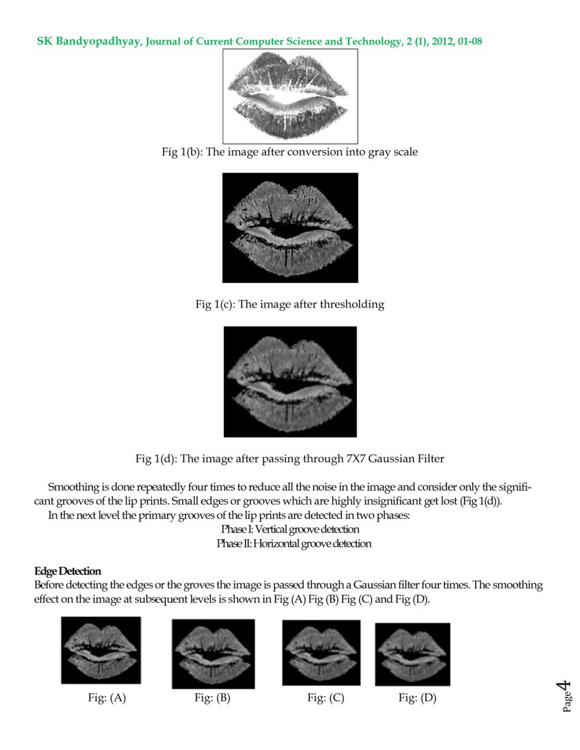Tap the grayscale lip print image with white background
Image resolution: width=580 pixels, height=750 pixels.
coord(291,96)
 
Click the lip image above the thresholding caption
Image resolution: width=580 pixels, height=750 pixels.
coord(290,228)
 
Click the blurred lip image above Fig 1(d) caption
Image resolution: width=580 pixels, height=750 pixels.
coord(290,382)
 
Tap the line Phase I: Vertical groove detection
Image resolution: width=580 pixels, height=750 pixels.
coord(290,529)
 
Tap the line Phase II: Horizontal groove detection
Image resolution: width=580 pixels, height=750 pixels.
coord(294,543)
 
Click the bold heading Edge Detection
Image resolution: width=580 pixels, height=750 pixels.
coord(68,571)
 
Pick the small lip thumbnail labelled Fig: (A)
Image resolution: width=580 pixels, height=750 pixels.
coord(101,650)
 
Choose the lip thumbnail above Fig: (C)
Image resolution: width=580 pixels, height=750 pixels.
coord(321,652)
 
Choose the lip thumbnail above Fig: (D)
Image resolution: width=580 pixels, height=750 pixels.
coord(413,654)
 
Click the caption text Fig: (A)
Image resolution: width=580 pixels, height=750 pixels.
coord(103,698)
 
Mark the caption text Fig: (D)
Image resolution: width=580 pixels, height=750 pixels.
coord(417,698)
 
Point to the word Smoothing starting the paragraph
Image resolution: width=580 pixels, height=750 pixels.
coord(70,487)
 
